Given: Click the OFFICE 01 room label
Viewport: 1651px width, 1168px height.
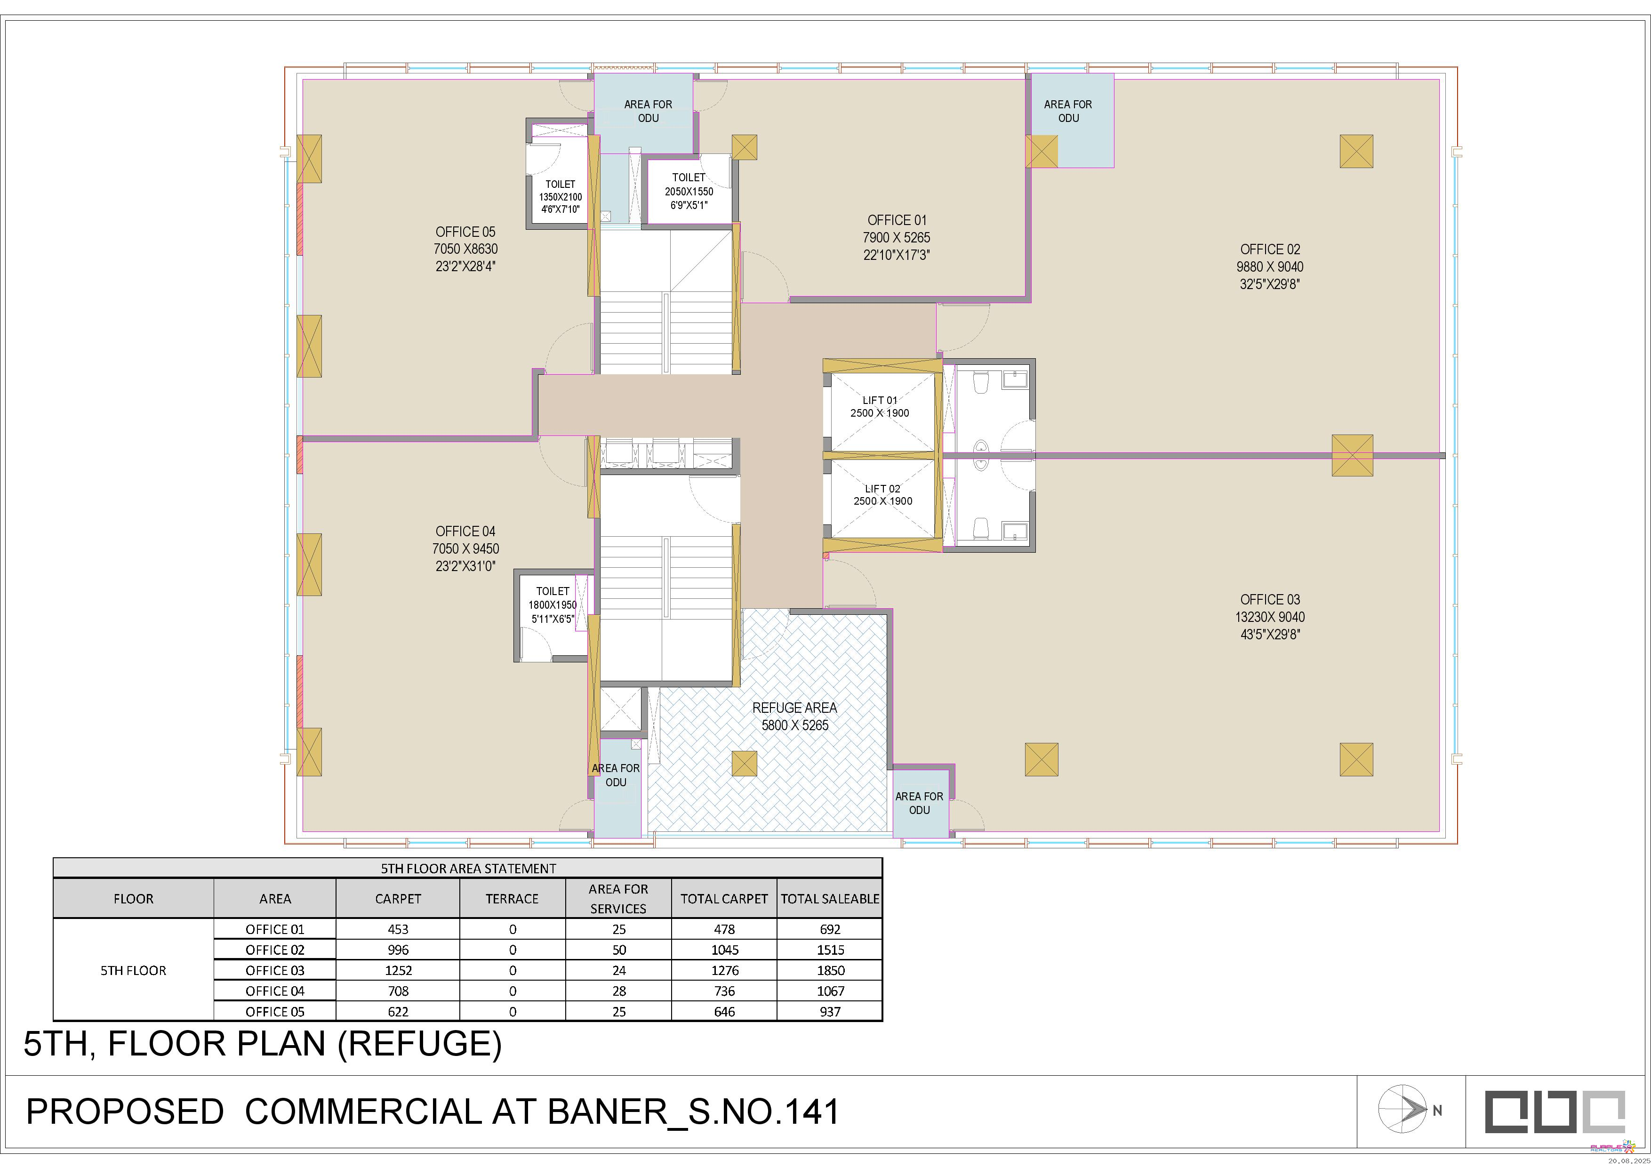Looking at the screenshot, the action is (x=897, y=220).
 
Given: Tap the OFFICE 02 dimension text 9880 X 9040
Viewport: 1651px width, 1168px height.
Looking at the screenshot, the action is (x=1270, y=267).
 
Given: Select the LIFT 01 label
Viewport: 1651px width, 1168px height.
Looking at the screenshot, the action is (x=880, y=400).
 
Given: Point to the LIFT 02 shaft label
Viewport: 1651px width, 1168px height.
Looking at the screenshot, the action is (x=882, y=488).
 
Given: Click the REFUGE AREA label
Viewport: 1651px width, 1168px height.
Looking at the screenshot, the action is (x=794, y=708).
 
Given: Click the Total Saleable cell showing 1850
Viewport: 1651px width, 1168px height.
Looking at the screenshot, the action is (x=830, y=970).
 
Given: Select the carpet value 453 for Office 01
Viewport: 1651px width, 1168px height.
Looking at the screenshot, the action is (x=398, y=929).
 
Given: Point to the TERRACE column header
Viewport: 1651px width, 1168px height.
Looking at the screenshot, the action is (x=512, y=899).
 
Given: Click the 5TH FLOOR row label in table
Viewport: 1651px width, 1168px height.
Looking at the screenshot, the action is (x=133, y=970).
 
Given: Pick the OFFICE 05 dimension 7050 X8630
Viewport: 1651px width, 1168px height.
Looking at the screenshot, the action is (x=465, y=249).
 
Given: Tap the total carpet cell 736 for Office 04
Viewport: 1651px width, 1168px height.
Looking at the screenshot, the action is (x=724, y=991).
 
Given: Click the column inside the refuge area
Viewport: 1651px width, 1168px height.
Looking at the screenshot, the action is (x=744, y=763).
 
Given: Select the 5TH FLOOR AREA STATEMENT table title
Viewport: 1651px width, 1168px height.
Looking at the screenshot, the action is (x=468, y=868).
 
